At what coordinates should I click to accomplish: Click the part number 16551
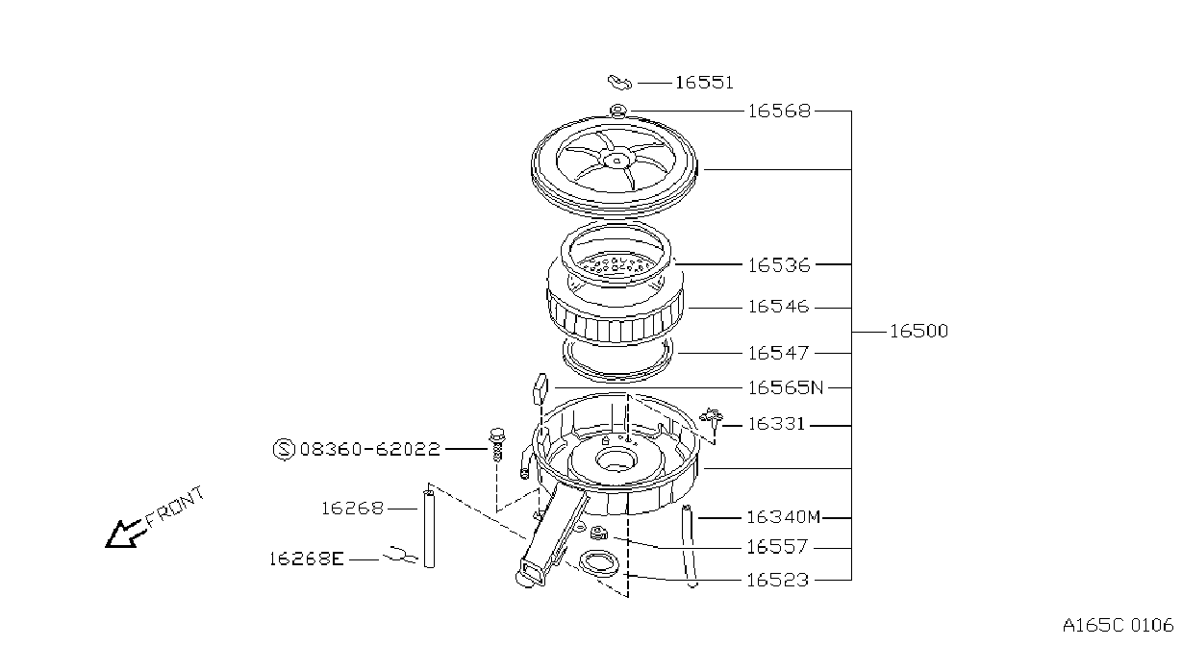[704, 83]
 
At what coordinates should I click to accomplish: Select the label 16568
[779, 112]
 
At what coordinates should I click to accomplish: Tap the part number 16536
[779, 265]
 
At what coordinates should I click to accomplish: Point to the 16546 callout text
[778, 307]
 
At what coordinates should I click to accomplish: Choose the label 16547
[778, 353]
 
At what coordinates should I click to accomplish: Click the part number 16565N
[786, 388]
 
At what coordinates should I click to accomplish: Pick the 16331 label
[777, 424]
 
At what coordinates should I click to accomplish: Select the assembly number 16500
[919, 332]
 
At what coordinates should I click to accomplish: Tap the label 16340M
[784, 517]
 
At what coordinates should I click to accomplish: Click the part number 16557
[777, 547]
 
